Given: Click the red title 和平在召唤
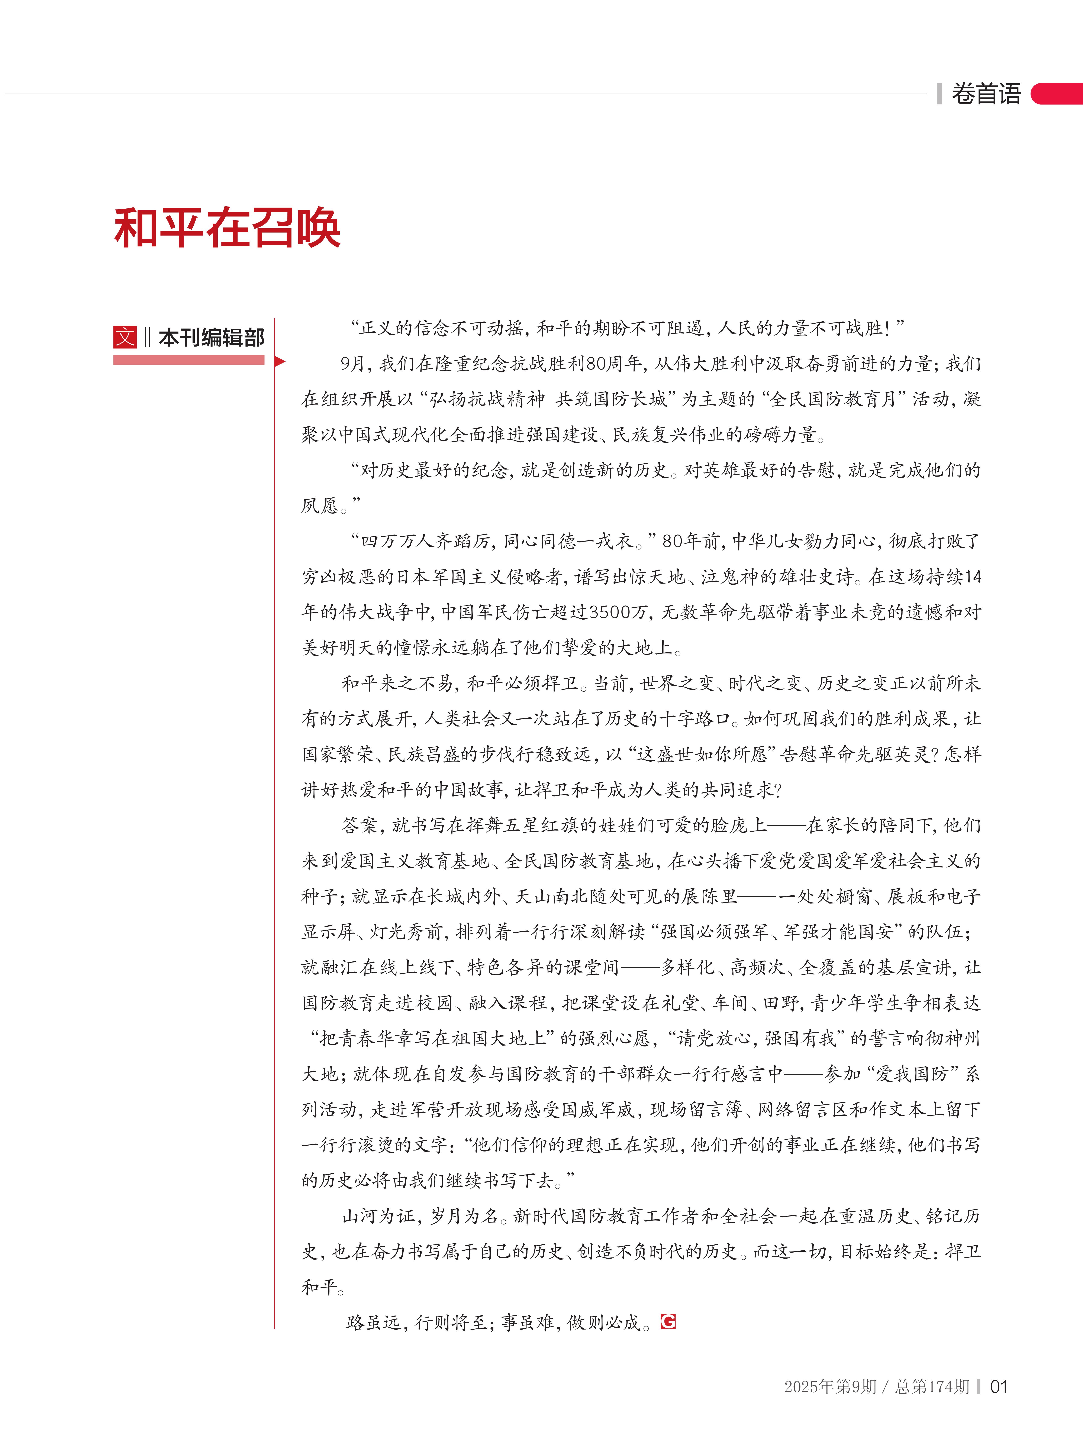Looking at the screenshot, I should pos(227,228).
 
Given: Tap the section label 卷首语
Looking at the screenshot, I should pos(986,94).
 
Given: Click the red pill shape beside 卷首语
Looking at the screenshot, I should pos(1058,94).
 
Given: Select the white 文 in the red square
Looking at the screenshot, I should pos(125,337).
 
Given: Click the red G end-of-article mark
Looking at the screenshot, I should pos(668,1321).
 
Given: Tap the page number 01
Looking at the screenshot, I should pos(998,1387).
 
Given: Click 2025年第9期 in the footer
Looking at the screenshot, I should pos(830,1387).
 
